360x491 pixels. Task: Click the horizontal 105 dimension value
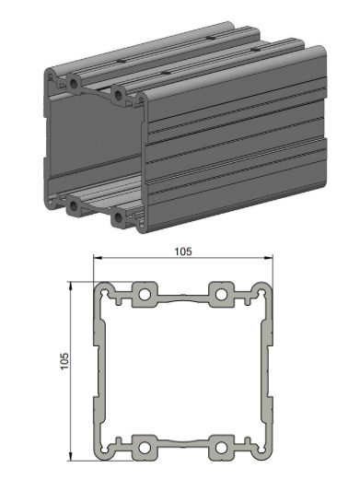(183, 251)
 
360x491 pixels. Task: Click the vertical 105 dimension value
(64, 361)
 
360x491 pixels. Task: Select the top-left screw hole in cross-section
(145, 294)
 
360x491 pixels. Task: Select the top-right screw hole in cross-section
(221, 294)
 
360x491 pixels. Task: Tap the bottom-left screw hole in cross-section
(145, 448)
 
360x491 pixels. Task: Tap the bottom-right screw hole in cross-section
(221, 448)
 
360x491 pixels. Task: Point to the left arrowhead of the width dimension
(98, 258)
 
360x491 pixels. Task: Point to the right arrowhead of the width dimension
(268, 258)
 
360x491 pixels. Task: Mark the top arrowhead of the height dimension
(71, 286)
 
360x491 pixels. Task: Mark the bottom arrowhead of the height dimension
(71, 456)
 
